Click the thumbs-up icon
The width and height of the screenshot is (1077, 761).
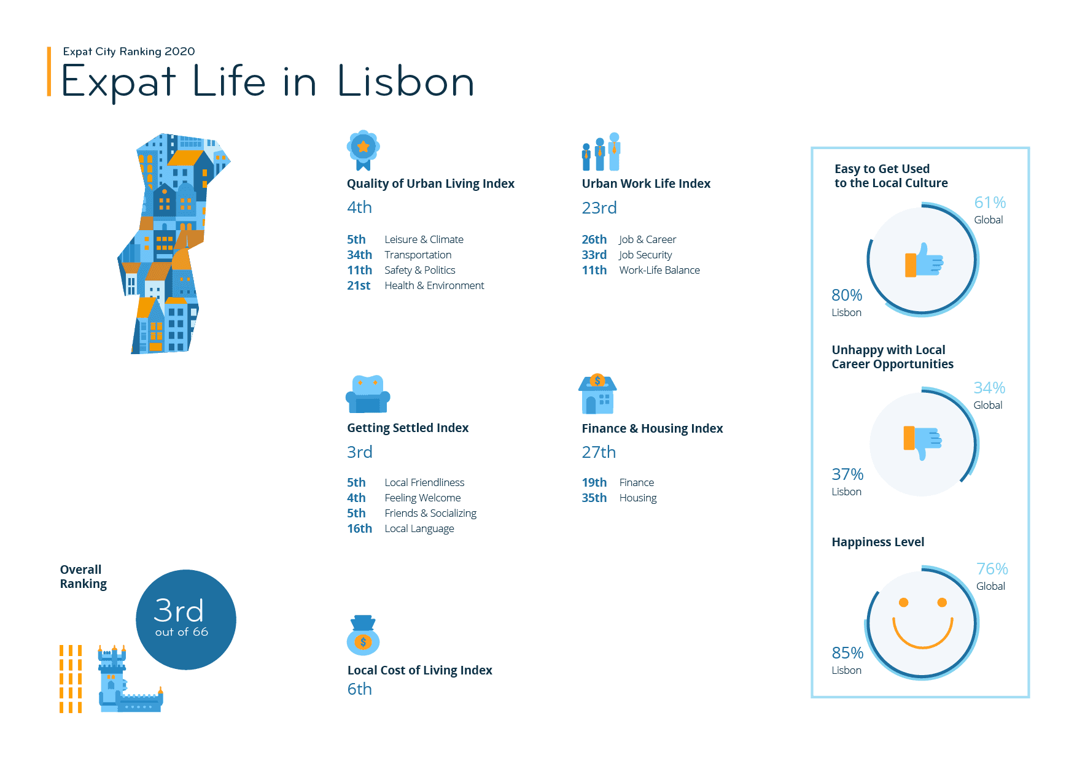pos(923,260)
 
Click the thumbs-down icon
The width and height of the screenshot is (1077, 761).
pos(922,442)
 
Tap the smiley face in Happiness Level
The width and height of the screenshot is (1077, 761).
pos(922,623)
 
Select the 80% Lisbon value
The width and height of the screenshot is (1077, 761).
pos(847,295)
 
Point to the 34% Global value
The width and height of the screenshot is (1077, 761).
pos(989,388)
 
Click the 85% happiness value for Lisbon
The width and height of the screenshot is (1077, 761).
pos(847,653)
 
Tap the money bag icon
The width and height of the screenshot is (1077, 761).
pos(363,636)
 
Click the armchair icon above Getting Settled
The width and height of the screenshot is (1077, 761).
pos(368,394)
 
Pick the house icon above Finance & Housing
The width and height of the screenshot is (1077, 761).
pos(597,394)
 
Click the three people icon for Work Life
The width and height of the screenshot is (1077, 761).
pos(601,152)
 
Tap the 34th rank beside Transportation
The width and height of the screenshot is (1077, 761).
pos(359,255)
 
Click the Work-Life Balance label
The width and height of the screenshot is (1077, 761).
pos(659,270)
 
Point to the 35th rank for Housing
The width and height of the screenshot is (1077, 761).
pos(594,498)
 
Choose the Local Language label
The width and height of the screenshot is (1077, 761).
pos(419,528)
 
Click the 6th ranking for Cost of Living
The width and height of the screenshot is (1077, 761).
pos(359,689)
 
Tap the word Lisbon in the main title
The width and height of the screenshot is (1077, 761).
pos(406,82)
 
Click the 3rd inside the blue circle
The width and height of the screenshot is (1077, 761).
pos(178,611)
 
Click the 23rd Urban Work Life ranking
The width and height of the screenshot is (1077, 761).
pos(599,208)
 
